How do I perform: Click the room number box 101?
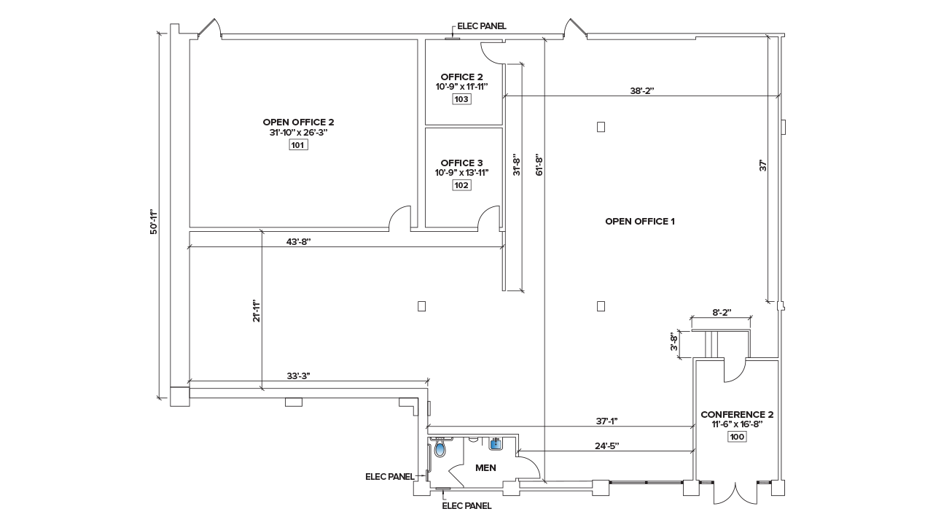[x=299, y=145]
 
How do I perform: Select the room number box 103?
[x=461, y=99]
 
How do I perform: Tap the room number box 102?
[x=461, y=185]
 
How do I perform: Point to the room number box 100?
[x=736, y=437]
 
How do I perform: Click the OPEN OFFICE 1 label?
[x=639, y=221]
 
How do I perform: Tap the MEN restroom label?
[x=485, y=467]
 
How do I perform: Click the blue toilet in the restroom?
[x=440, y=448]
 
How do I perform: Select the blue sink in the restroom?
[x=497, y=443]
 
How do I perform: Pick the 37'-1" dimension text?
[x=606, y=421]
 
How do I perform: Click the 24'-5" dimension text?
[x=606, y=446]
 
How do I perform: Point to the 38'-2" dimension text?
[x=642, y=91]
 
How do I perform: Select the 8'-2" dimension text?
[x=721, y=312]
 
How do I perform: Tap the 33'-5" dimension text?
[x=298, y=376]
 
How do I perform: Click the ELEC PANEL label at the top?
[x=481, y=26]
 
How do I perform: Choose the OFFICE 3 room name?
[x=461, y=163]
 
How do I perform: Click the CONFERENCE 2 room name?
[x=736, y=414]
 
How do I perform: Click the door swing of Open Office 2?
[x=400, y=217]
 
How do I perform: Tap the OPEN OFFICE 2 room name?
[x=299, y=122]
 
